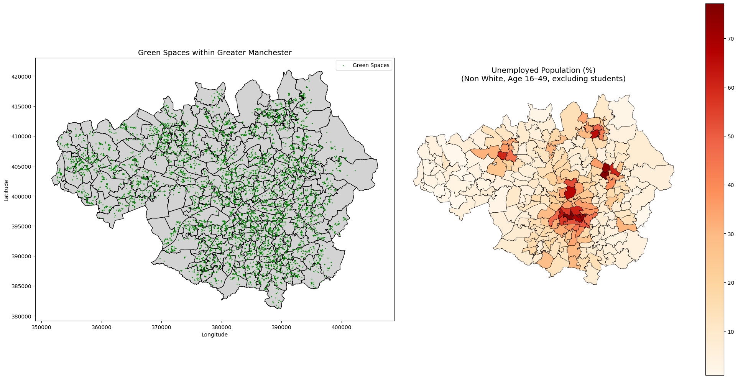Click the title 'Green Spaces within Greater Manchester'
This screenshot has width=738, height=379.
point(215,53)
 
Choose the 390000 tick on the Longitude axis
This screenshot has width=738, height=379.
point(281,328)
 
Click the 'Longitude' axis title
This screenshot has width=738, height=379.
point(215,335)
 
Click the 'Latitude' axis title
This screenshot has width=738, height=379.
point(7,190)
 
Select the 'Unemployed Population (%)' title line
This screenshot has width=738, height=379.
point(543,71)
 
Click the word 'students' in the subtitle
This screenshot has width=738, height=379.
point(608,79)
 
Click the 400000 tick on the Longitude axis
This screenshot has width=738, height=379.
point(341,328)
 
